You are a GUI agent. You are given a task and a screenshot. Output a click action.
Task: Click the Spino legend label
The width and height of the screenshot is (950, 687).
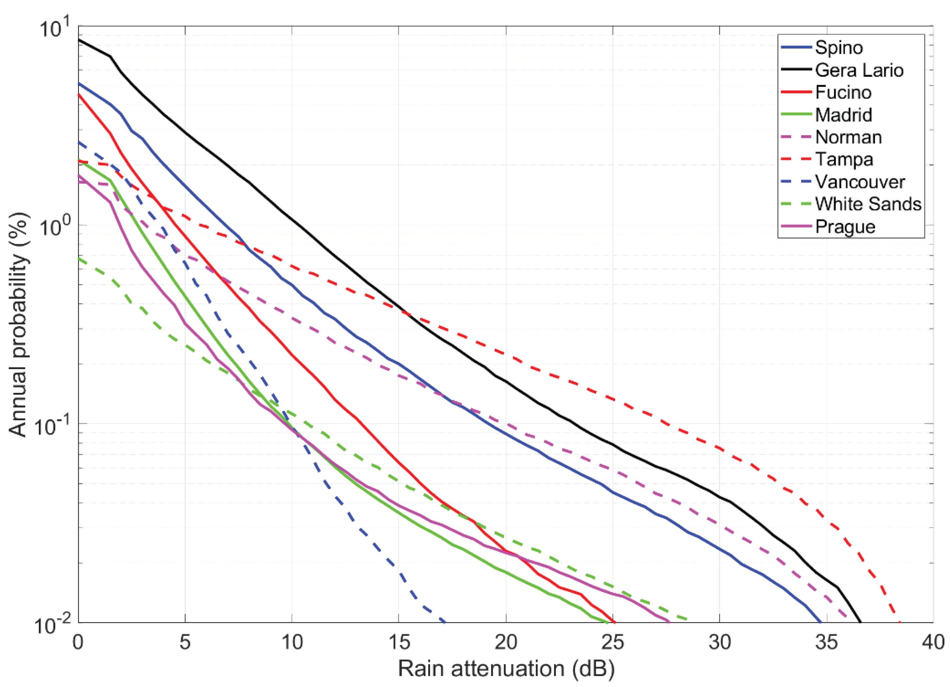(839, 48)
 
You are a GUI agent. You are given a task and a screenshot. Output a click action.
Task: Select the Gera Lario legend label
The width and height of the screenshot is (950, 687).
(859, 70)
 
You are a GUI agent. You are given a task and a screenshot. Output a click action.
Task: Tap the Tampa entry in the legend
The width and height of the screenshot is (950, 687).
(844, 160)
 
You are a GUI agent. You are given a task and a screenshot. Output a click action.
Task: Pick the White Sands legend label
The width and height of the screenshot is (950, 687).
(868, 204)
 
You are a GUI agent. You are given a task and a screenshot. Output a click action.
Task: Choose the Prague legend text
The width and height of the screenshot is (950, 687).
(845, 227)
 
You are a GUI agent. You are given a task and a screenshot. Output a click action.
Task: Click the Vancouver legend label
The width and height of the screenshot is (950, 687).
(860, 182)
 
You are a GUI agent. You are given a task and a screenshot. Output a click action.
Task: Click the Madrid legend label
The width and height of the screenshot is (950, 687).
(844, 115)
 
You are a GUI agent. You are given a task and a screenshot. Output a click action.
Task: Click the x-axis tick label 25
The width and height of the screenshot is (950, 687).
(613, 642)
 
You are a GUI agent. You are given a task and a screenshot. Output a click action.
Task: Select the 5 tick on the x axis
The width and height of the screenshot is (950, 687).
(185, 642)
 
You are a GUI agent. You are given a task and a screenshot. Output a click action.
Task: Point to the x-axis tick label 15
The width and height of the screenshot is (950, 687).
(399, 642)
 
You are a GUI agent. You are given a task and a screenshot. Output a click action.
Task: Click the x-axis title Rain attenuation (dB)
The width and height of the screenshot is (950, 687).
(506, 669)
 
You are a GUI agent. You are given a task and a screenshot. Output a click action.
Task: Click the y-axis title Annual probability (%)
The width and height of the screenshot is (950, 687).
(19, 325)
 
